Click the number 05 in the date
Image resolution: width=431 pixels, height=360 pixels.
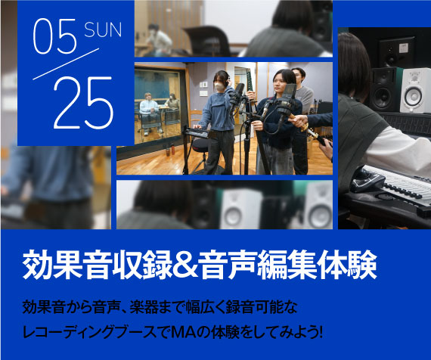pyautogui.click(x=54, y=36)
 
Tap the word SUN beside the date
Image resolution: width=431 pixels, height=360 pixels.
pyautogui.click(x=103, y=29)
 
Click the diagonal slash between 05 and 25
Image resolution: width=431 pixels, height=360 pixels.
pyautogui.click(x=66, y=64)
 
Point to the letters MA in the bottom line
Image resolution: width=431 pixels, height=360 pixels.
pyautogui.click(x=183, y=332)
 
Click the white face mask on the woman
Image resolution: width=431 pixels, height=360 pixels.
pyautogui.click(x=219, y=86)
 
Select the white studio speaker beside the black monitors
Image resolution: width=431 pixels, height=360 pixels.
pyautogui.click(x=415, y=91)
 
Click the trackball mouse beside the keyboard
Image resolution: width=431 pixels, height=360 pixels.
pyautogui.click(x=367, y=181)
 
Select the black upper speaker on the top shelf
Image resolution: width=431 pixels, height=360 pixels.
pyautogui.click(x=397, y=52)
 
